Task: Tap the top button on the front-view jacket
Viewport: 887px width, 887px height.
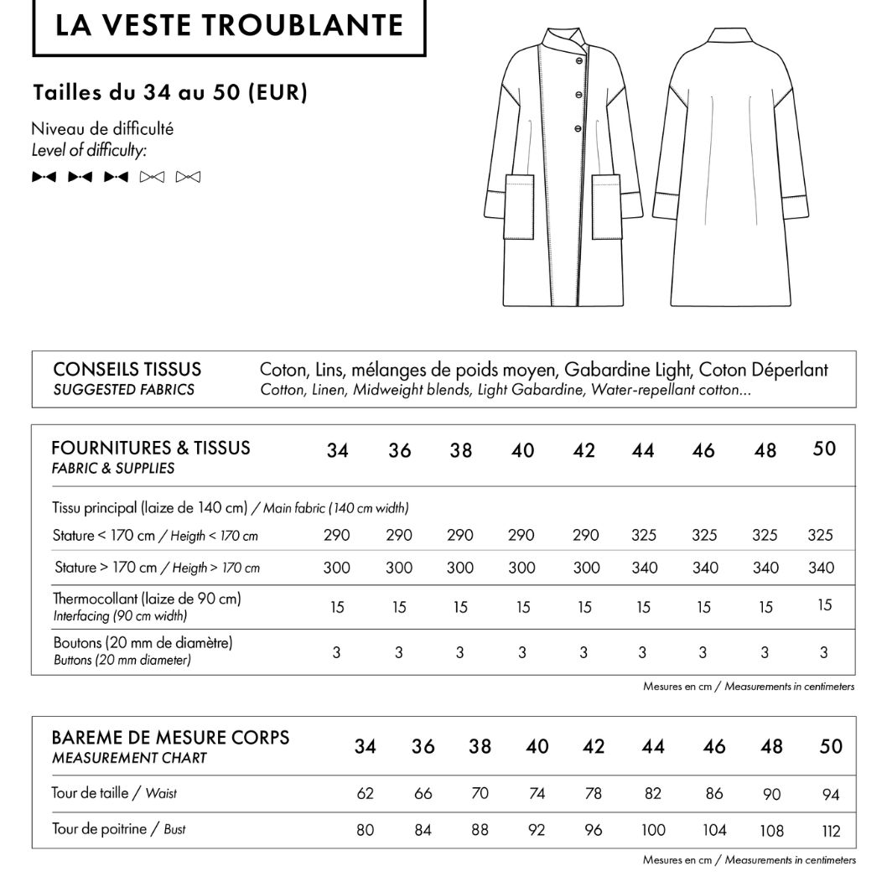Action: click(x=577, y=61)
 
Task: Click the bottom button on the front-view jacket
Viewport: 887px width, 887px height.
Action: click(x=577, y=127)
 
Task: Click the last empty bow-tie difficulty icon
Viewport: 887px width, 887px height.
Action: click(x=189, y=177)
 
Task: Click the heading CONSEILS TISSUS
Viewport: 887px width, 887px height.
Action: click(x=127, y=370)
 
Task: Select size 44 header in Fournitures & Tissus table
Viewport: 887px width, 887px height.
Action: click(x=643, y=450)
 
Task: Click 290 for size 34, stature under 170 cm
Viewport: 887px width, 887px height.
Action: click(x=337, y=535)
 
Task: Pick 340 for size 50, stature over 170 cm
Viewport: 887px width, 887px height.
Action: click(x=822, y=568)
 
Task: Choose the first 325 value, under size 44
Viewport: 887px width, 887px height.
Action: click(x=644, y=535)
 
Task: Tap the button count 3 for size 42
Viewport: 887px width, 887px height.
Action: click(x=584, y=652)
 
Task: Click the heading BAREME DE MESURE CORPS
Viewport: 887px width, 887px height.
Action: click(x=170, y=738)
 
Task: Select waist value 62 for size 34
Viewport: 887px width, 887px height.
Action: click(x=365, y=793)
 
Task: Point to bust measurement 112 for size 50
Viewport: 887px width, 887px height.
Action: click(x=830, y=831)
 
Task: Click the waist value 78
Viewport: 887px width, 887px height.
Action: click(x=594, y=793)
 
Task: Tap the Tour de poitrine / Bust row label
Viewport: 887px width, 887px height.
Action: click(x=119, y=829)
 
